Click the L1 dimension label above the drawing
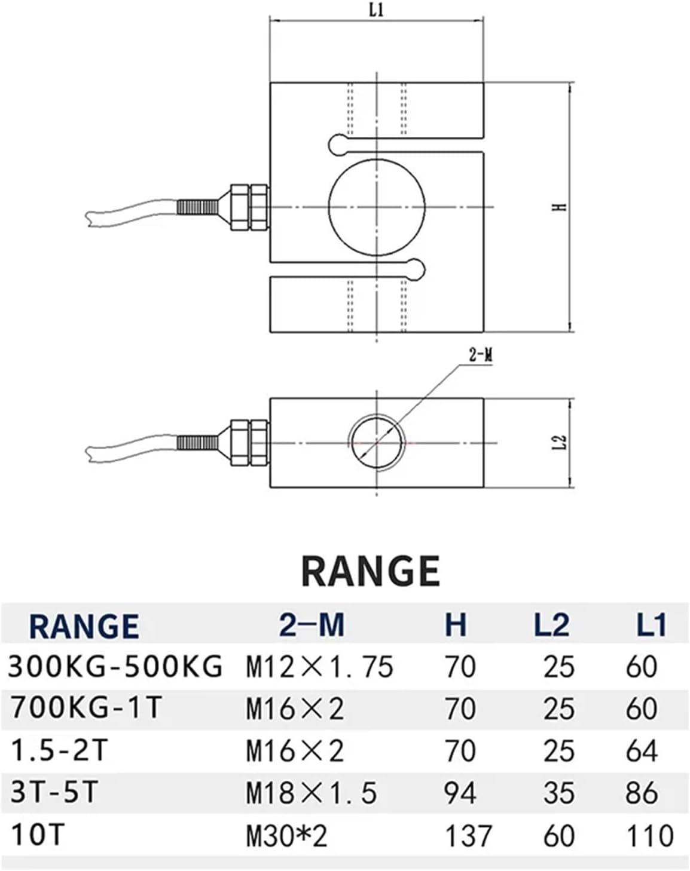click(x=376, y=10)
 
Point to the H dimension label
click(x=560, y=207)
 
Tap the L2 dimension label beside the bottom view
click(x=560, y=443)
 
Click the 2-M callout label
click(x=480, y=356)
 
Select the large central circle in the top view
click(x=377, y=207)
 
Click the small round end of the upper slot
click(x=338, y=143)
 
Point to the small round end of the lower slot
click(x=415, y=269)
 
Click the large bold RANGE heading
click(x=371, y=571)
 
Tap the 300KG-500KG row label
click(x=115, y=666)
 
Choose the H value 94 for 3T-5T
click(x=460, y=793)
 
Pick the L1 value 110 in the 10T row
click(x=649, y=836)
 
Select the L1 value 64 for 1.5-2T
click(x=642, y=751)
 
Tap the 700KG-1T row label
click(x=87, y=709)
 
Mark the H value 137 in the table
click(x=468, y=836)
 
